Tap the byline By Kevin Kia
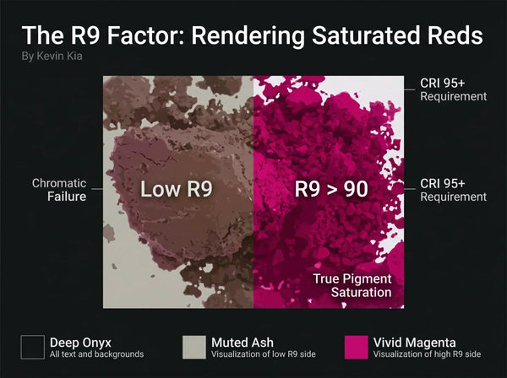click(52, 57)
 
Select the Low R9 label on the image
click(177, 189)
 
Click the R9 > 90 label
click(331, 189)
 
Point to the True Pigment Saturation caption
click(352, 286)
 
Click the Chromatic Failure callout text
click(59, 190)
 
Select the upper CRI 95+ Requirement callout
click(453, 89)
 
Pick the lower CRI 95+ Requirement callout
click(453, 190)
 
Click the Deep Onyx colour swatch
click(33, 348)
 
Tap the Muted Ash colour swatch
click(194, 348)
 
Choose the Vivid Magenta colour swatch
click(356, 348)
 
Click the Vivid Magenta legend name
click(415, 343)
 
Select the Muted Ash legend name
click(243, 343)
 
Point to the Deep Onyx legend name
click(80, 343)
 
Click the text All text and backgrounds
click(96, 354)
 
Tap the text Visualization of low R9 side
click(264, 354)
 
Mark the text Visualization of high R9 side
click(427, 354)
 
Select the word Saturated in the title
click(367, 35)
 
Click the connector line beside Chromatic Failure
click(97, 189)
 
